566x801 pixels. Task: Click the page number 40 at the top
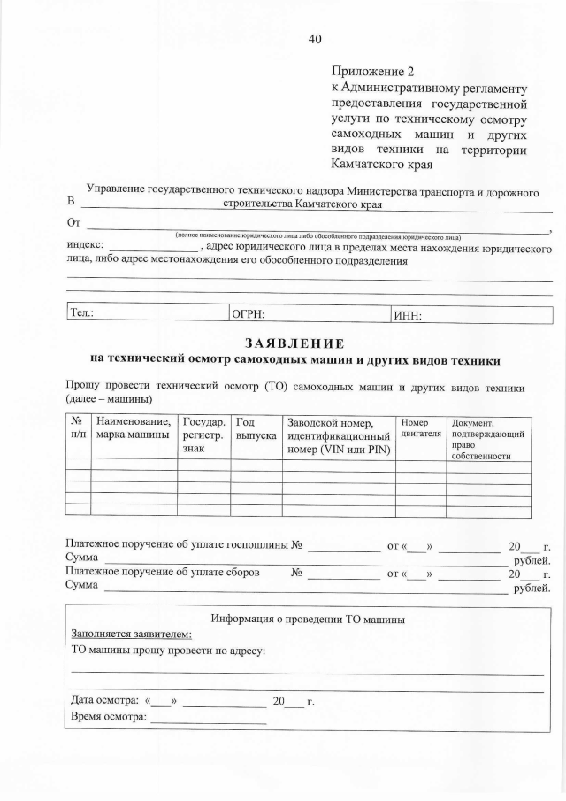pos(316,38)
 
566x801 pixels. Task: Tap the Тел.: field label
pos(82,314)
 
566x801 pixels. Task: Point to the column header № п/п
pos(78,429)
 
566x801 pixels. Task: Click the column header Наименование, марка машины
pos(133,429)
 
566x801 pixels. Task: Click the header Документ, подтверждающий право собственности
pos(489,439)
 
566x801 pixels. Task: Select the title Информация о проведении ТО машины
pos(308,619)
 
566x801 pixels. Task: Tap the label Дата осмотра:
pos(103,701)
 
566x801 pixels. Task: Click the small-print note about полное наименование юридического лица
pos(317,236)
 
